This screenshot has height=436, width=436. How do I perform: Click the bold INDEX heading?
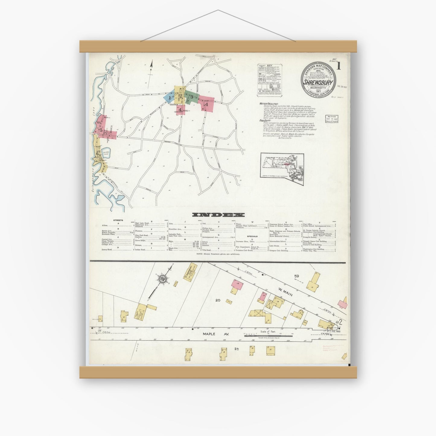(x=218, y=215)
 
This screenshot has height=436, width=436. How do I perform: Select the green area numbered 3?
(x=191, y=97)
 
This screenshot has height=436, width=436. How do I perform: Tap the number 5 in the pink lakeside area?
(x=101, y=130)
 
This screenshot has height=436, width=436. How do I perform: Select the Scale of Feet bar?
(x=263, y=334)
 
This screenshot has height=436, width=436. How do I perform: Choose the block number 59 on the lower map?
(x=297, y=276)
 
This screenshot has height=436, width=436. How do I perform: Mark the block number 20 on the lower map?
(x=226, y=300)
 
